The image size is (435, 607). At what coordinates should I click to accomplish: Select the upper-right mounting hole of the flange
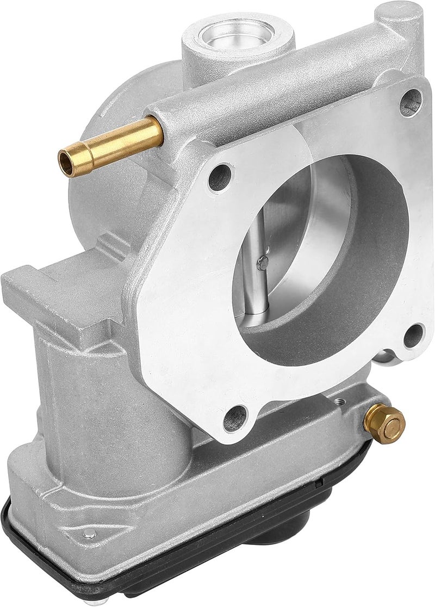pyautogui.click(x=411, y=103)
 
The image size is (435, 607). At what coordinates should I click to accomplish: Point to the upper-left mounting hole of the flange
pyautogui.click(x=219, y=177)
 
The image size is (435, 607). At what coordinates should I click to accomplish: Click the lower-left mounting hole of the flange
pyautogui.click(x=234, y=419)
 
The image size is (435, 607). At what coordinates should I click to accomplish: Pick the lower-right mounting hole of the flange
pyautogui.click(x=414, y=335)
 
